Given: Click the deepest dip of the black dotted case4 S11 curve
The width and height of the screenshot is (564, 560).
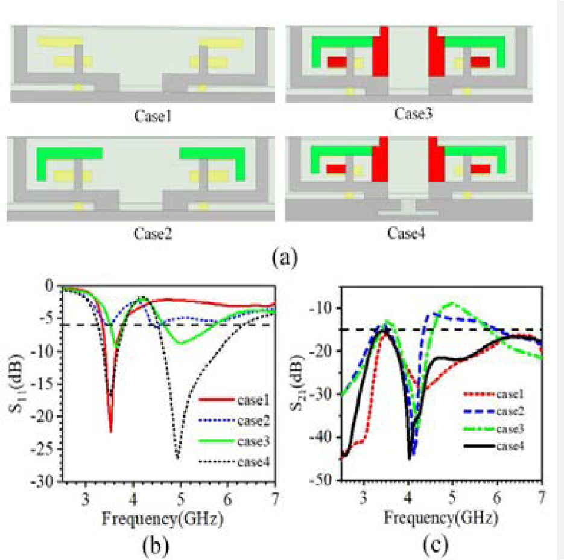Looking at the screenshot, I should pyautogui.click(x=177, y=459).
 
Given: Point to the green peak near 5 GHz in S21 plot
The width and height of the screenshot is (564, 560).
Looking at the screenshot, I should pyautogui.click(x=452, y=303).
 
